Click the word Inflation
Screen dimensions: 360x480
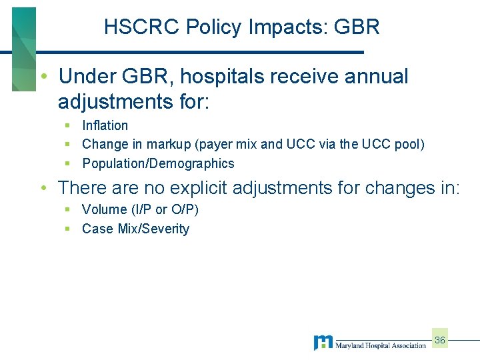(105, 125)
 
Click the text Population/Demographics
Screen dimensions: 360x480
(158, 163)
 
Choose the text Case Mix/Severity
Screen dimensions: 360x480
(135, 229)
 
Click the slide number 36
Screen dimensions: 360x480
(439, 341)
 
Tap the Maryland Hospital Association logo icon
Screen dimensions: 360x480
(323, 343)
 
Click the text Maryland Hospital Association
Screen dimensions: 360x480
(380, 345)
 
